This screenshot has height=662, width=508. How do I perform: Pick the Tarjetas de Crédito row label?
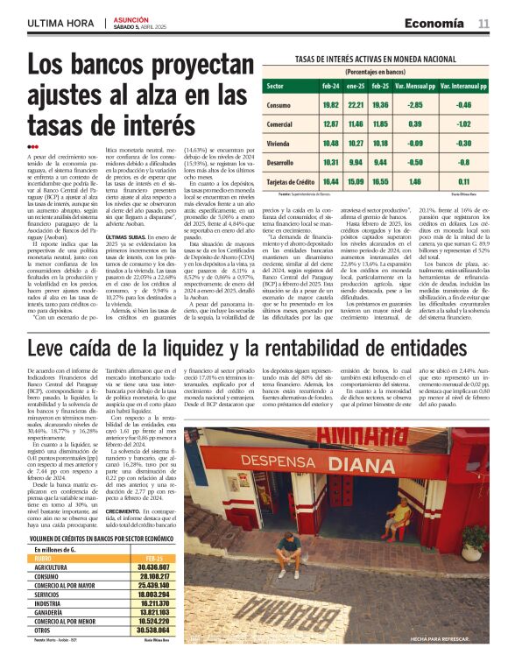pos(289,181)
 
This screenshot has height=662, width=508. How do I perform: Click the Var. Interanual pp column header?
pos(463,87)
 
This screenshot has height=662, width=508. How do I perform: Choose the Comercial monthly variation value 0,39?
pos(415,124)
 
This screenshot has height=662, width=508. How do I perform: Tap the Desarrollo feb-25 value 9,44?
pos(380,162)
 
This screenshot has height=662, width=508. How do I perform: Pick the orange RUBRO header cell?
pos(44,557)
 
